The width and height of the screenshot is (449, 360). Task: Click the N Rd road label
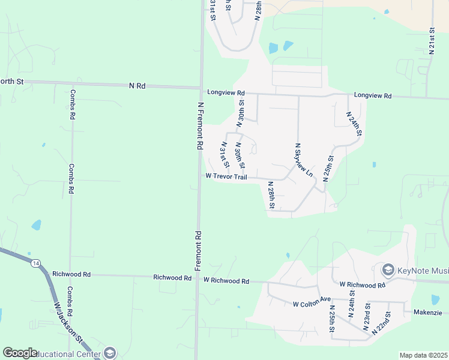pyautogui.click(x=137, y=86)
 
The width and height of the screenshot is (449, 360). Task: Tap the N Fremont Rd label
pyautogui.click(x=200, y=125)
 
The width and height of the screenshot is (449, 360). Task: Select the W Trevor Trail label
pyautogui.click(x=226, y=176)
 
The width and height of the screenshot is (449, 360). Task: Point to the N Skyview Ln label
pyautogui.click(x=303, y=159)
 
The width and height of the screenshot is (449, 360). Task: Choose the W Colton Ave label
pyautogui.click(x=312, y=304)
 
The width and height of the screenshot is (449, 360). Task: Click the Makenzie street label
pyautogui.click(x=427, y=313)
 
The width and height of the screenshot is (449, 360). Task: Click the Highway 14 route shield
pyautogui.click(x=36, y=263)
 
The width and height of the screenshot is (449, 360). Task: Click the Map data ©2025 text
pyautogui.click(x=423, y=355)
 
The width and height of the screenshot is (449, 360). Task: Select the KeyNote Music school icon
pyautogui.click(x=388, y=270)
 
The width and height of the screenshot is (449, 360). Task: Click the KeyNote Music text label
pyautogui.click(x=423, y=270)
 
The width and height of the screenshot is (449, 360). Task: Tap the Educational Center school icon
pyautogui.click(x=109, y=353)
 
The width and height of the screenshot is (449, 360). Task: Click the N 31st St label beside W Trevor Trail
pyautogui.click(x=225, y=155)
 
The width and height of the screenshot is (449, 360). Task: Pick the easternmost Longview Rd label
pyautogui.click(x=372, y=95)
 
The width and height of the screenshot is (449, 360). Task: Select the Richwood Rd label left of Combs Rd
pyautogui.click(x=71, y=274)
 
